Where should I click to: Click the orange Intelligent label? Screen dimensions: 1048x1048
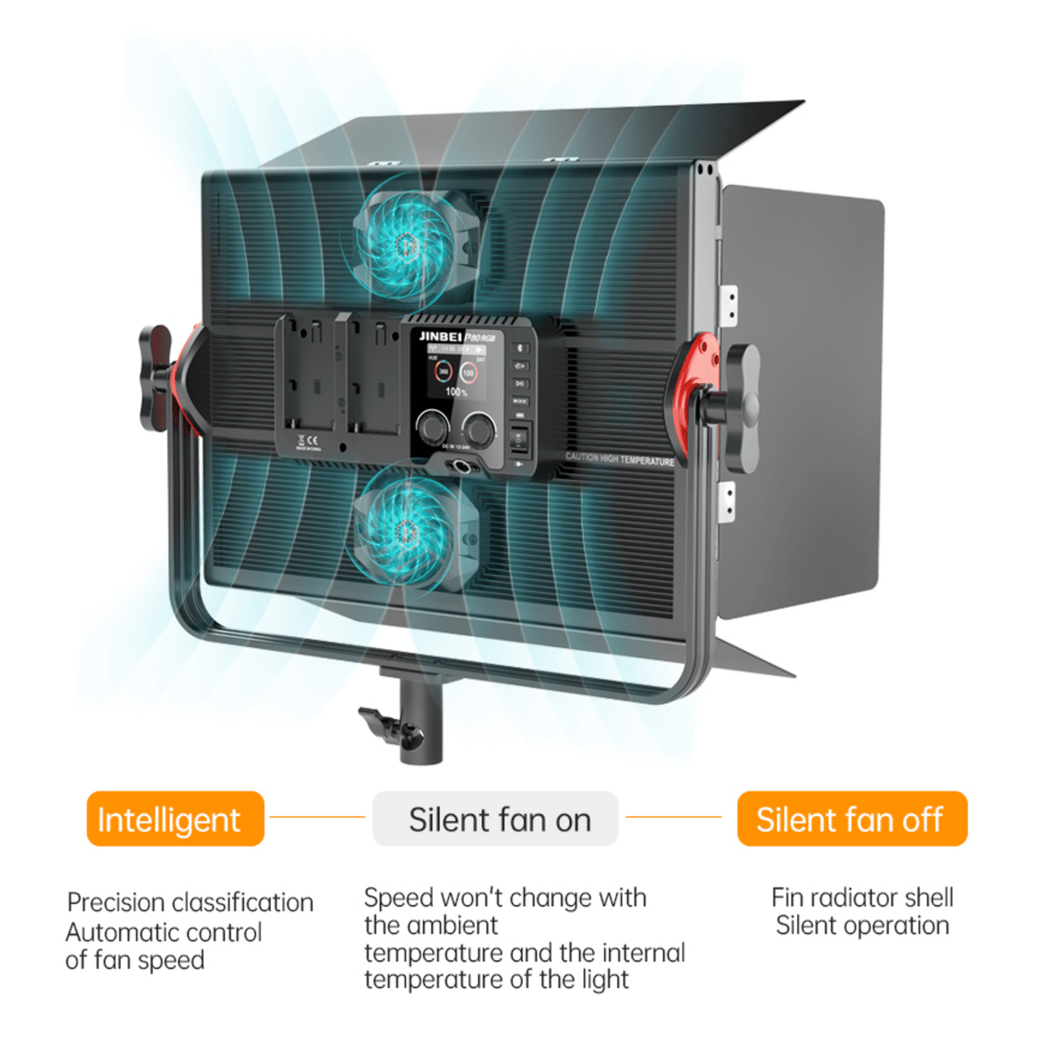click(175, 819)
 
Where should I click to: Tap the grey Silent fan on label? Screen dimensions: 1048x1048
click(495, 819)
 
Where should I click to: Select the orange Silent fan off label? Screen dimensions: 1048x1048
click(851, 819)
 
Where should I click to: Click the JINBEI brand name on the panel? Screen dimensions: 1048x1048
click(440, 336)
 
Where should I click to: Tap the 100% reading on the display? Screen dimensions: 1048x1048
click(456, 392)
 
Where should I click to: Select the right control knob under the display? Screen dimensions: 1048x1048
click(480, 426)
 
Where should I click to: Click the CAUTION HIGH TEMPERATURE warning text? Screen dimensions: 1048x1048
click(619, 458)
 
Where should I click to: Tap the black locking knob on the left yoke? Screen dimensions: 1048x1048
click(154, 377)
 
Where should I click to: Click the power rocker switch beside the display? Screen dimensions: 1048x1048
click(519, 439)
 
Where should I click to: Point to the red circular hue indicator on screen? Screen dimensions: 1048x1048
click(442, 372)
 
